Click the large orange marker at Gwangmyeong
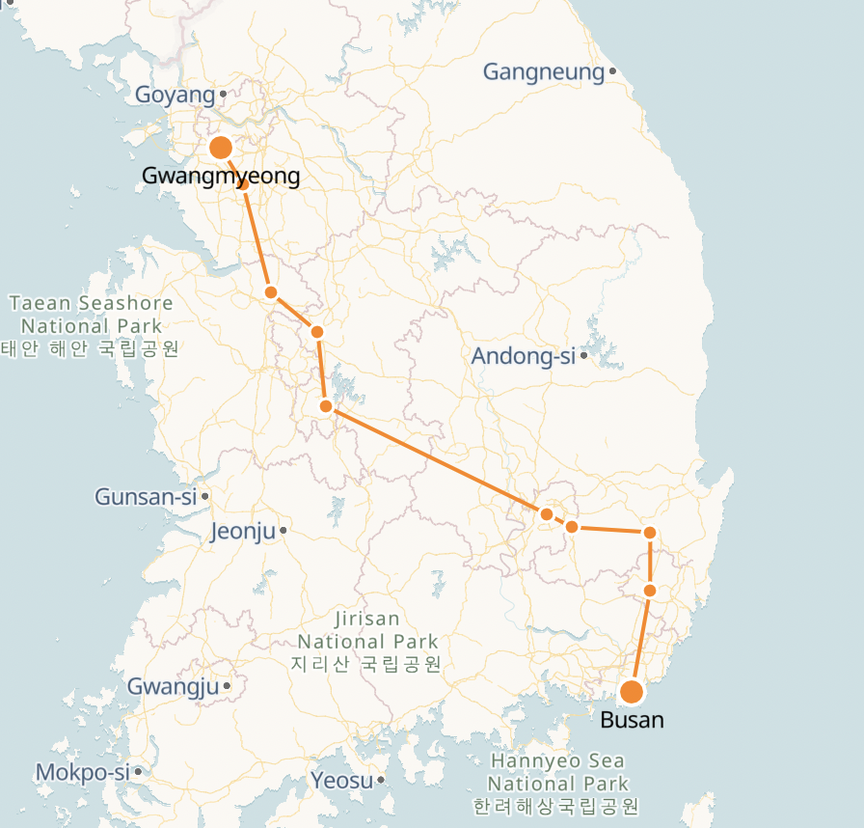tap(221, 148)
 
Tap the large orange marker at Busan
tap(632, 692)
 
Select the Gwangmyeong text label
tap(221, 176)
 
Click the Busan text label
tap(632, 720)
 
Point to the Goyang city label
tap(175, 95)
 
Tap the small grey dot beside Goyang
tap(223, 95)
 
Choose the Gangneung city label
tap(543, 71)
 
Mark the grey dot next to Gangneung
tap(612, 71)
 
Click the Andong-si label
tap(523, 356)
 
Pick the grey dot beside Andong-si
tap(584, 356)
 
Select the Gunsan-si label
tap(145, 497)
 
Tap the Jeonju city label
tap(242, 531)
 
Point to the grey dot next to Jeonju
tap(283, 531)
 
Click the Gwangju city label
tap(174, 687)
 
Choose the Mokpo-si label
tap(82, 772)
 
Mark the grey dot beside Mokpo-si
tap(139, 772)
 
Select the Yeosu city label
tap(341, 780)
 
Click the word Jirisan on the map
tap(367, 619)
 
